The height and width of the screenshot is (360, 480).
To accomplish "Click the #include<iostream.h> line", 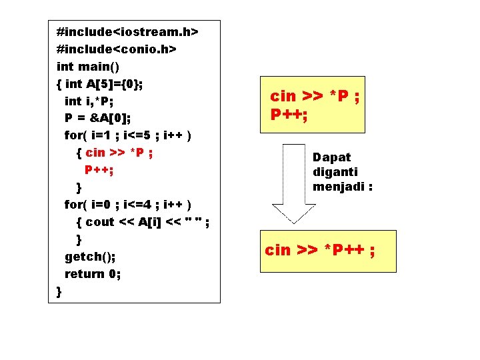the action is [x=128, y=31].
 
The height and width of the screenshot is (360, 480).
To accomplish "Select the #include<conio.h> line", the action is [x=116, y=49].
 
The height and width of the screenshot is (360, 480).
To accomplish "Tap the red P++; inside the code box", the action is [x=99, y=169].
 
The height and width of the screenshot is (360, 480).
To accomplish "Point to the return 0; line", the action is [x=93, y=273].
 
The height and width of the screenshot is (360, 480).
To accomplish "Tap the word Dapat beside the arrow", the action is [x=331, y=157].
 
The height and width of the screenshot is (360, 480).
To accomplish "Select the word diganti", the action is [x=335, y=172].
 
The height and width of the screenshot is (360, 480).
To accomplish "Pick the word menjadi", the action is [x=342, y=187].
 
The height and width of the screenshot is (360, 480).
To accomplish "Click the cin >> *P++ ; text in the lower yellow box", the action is [x=319, y=250].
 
